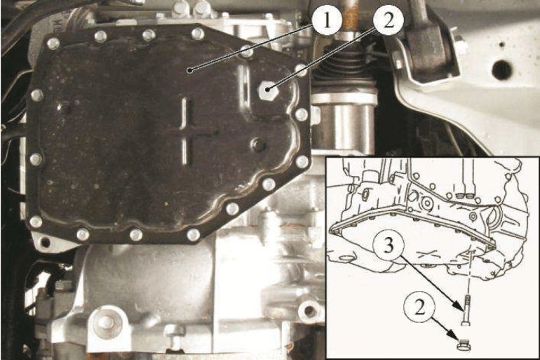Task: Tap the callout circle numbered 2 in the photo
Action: pyautogui.click(x=388, y=20)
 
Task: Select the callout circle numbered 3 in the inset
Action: pyautogui.click(x=389, y=246)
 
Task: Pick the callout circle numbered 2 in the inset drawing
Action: pyautogui.click(x=419, y=307)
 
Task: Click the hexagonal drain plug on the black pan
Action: pyautogui.click(x=268, y=90)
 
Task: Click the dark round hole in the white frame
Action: pyautogui.click(x=501, y=69)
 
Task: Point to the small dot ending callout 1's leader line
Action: pyautogui.click(x=189, y=71)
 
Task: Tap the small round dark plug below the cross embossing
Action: pyautogui.click(x=258, y=145)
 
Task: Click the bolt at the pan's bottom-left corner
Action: pyautogui.click(x=36, y=221)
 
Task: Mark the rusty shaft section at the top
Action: pyautogui.click(x=350, y=15)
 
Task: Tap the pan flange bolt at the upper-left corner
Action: pyautogui.click(x=53, y=44)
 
